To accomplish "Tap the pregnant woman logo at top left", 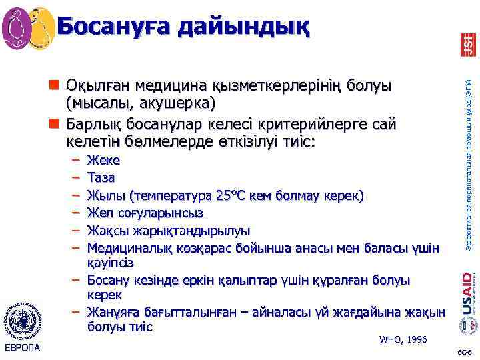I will click(x=29, y=27).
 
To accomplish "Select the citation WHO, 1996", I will click(x=403, y=339).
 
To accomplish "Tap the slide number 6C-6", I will click(x=463, y=351).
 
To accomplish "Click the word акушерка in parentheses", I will click(x=176, y=103).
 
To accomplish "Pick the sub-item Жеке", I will click(x=103, y=161).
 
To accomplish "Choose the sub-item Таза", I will click(x=101, y=178).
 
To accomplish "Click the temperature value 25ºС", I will click(x=235, y=195).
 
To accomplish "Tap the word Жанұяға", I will click(x=113, y=313).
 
